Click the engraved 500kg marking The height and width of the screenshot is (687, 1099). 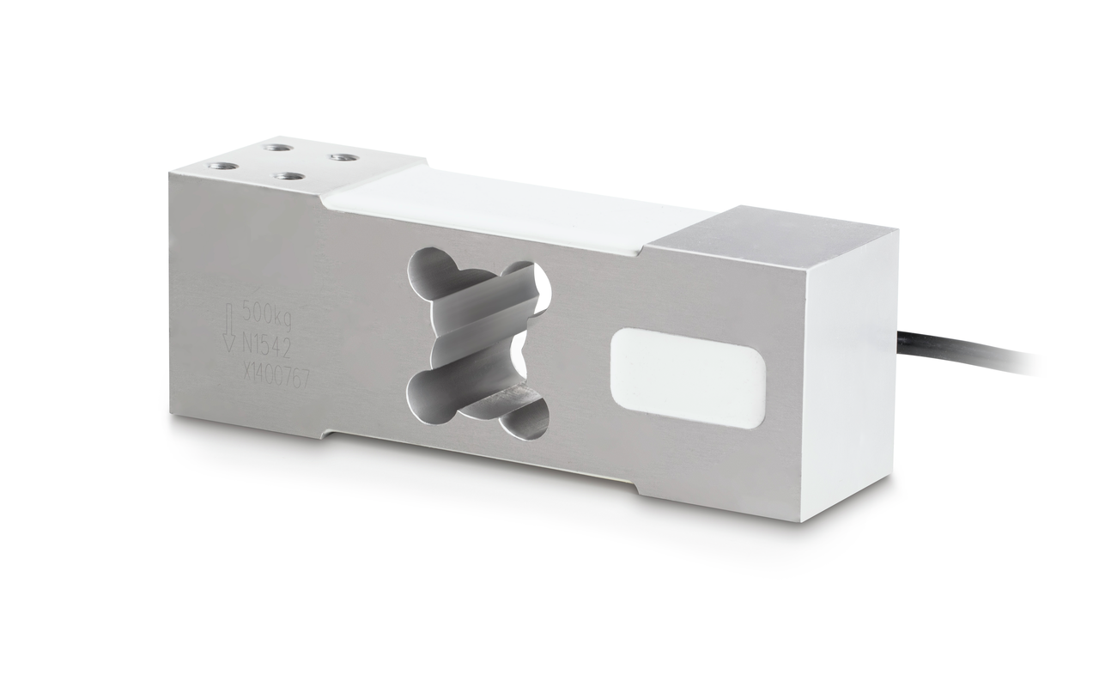pyautogui.click(x=267, y=312)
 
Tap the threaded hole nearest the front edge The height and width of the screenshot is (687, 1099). pyautogui.click(x=289, y=177)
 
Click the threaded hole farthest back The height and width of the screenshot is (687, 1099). pyautogui.click(x=275, y=147)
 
